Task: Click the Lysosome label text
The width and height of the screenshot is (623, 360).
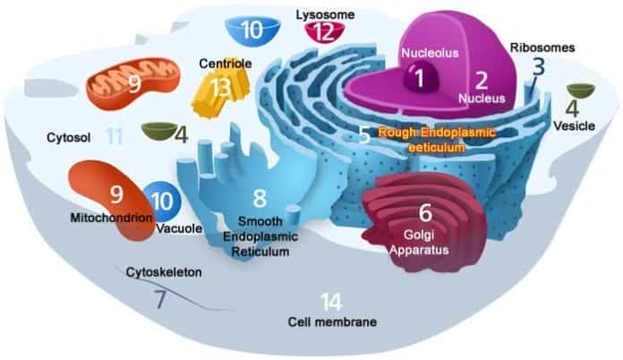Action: [325, 14]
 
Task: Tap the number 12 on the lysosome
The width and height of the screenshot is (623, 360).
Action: [324, 32]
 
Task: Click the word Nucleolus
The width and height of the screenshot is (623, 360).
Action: [430, 53]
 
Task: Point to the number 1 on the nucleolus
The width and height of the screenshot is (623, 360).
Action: [419, 78]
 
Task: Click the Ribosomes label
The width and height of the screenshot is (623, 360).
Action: [542, 47]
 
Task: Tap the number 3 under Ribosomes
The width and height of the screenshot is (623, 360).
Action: [538, 67]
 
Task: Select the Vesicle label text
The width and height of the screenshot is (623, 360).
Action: [574, 126]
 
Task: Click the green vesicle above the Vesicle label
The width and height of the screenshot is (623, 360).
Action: [581, 90]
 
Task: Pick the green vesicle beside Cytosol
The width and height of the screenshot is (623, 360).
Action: [159, 131]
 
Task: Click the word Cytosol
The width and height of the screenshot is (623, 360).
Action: [69, 138]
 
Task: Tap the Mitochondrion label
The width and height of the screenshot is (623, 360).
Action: [112, 218]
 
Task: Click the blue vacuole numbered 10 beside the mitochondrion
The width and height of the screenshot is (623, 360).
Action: [163, 201]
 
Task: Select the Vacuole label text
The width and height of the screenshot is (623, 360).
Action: [179, 229]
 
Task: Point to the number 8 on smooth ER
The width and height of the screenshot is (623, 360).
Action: [260, 198]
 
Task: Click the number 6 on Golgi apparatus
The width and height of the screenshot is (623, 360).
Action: [425, 213]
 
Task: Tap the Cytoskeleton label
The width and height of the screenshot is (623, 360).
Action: [164, 272]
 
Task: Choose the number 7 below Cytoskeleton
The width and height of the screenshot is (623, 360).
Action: [160, 300]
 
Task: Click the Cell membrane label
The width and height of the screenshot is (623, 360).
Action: [332, 321]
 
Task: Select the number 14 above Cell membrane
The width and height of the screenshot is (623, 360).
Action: [331, 302]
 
